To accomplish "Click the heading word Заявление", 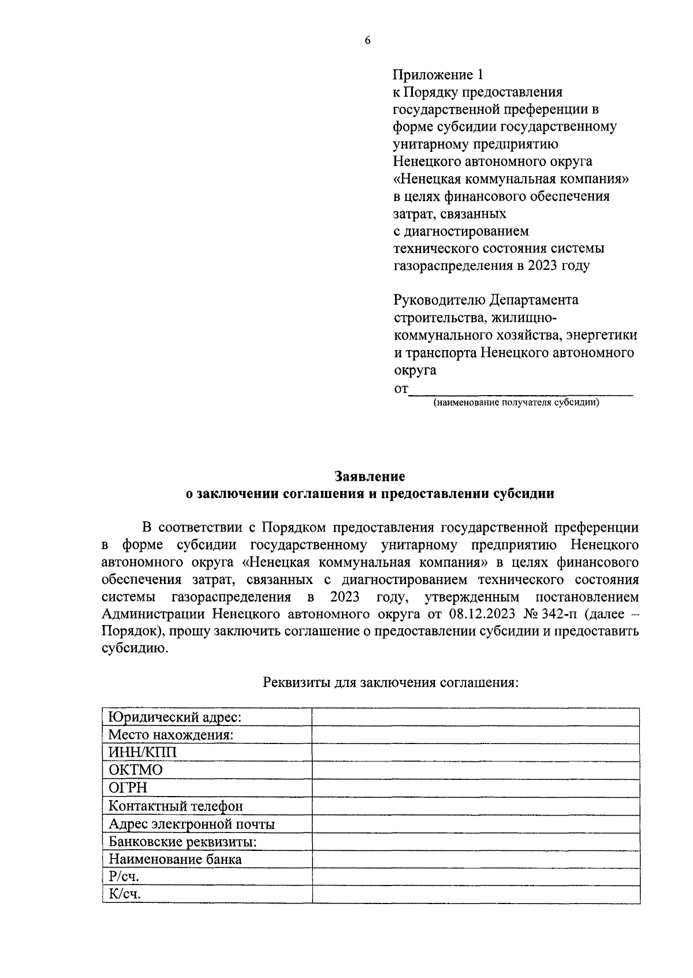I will (370, 477).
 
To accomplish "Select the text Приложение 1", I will (437, 75).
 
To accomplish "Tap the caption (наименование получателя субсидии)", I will (516, 402).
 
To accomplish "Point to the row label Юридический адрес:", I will (174, 717).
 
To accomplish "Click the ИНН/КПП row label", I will (143, 752).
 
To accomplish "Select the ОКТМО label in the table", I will (136, 770).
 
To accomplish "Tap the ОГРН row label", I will (128, 787).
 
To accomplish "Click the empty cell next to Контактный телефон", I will (475, 805).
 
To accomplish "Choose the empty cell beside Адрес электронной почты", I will (475, 824).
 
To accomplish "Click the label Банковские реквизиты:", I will (182, 842).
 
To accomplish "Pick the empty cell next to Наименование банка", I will (475, 859).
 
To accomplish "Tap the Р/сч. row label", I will (124, 876).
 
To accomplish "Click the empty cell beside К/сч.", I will (475, 894).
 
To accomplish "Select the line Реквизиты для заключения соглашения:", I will (391, 682).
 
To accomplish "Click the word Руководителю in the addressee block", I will (439, 300).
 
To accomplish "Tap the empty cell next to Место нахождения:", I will (475, 735).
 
